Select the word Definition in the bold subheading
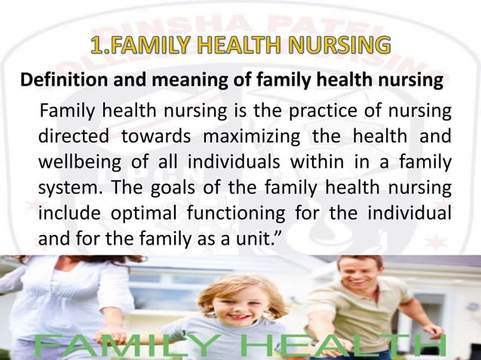click(55, 81)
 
